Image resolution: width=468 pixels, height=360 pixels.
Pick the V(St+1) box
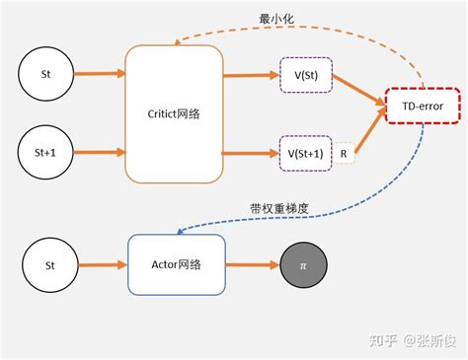[x=307, y=153]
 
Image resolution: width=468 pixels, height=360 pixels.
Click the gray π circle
[x=302, y=266]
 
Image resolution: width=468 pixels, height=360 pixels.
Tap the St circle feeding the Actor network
[x=50, y=265]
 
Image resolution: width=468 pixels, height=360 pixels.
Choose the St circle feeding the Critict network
[x=45, y=74]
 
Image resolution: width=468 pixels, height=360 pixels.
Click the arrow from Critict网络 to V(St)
[x=251, y=75]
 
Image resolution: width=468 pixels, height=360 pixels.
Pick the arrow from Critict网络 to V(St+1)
[x=251, y=153]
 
